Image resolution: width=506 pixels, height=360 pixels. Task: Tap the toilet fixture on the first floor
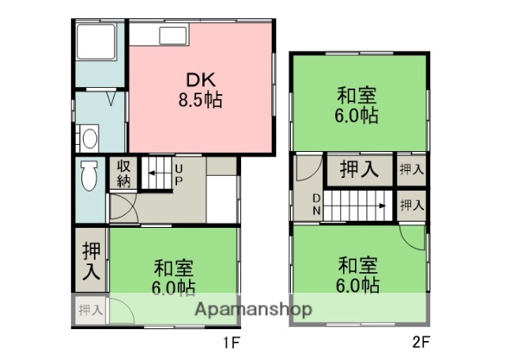coord(88,175)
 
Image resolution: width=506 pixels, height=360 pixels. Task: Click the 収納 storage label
coord(124,172)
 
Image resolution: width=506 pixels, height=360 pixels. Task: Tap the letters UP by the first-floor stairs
coord(179,175)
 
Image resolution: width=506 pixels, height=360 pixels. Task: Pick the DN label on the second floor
coord(316,203)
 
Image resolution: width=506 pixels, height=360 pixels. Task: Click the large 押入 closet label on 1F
coord(91,261)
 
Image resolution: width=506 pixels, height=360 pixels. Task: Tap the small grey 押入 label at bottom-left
coord(90,310)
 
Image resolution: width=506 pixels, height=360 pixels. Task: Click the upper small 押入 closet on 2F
coord(410,169)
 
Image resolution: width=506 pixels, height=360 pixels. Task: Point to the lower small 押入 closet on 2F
coord(410,205)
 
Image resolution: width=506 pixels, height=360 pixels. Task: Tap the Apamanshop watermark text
coord(253,309)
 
